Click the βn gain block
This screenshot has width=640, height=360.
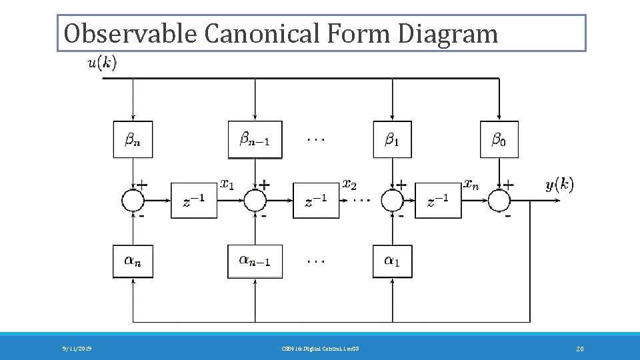133,139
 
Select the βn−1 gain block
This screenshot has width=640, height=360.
255,139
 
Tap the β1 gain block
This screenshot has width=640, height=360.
393,139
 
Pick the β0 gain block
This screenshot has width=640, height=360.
499,139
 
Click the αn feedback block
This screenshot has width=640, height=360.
133,261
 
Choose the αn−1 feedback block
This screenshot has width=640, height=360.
255,261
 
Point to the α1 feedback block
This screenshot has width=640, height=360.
393,261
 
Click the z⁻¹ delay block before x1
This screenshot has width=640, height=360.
193,200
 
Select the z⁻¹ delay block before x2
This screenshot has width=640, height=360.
315,200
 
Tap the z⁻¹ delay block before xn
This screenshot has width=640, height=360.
438,200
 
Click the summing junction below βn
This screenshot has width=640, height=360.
133,200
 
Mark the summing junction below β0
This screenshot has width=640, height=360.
499,200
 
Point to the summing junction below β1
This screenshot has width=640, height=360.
393,200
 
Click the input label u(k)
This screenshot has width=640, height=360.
102,64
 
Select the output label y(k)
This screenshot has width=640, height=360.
559,185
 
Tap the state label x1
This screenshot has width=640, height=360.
227,183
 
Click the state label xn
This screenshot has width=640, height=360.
471,183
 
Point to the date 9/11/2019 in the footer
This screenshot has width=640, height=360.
77,349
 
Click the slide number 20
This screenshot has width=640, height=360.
579,349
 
